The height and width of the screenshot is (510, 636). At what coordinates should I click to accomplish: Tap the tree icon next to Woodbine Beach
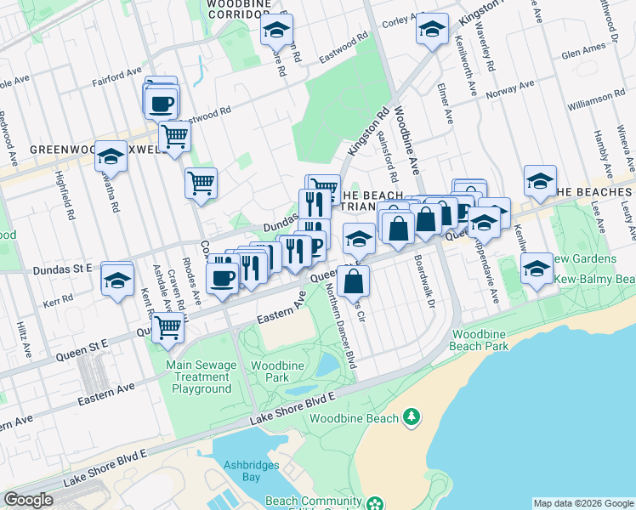pyautogui.click(x=412, y=416)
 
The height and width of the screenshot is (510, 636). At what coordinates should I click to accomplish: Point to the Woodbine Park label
pyautogui.click(x=271, y=371)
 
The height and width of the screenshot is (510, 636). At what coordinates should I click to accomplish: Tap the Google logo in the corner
pyautogui.click(x=28, y=500)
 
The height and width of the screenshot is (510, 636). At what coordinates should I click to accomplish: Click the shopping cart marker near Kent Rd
pyautogui.click(x=168, y=326)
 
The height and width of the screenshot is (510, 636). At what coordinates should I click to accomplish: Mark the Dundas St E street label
pyautogui.click(x=61, y=269)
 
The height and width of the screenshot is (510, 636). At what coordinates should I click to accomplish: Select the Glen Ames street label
pyautogui.click(x=583, y=53)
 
